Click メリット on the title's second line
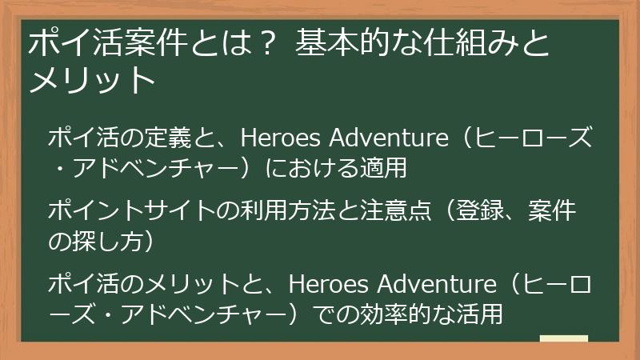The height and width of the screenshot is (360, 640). pos(90,81)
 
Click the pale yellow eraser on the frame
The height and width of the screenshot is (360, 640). pos(564,339)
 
